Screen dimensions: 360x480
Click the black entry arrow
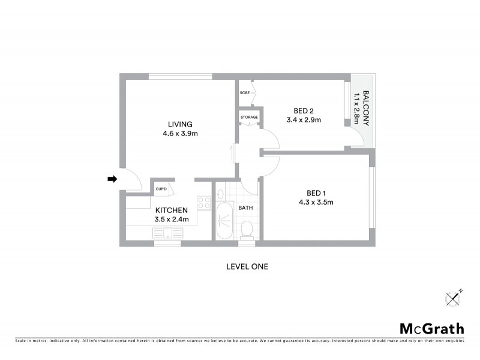tap(112, 179)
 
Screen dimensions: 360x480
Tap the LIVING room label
tap(180, 124)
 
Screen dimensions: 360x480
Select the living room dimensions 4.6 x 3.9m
tap(179, 134)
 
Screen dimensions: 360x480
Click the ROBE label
tap(245, 93)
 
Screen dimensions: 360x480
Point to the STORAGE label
tap(249, 117)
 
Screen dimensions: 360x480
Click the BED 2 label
tap(304, 110)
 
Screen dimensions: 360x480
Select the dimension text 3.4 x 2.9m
tap(304, 120)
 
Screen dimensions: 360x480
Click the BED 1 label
tap(316, 193)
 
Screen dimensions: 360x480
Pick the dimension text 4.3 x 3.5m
tap(316, 202)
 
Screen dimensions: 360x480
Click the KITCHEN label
tap(172, 210)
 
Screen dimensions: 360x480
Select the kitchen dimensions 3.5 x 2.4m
tap(172, 220)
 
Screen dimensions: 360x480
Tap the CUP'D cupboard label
tap(161, 190)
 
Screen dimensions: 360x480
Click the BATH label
tap(245, 208)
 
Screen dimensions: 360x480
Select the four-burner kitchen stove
tap(204, 203)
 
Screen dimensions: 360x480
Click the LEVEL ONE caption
tap(247, 266)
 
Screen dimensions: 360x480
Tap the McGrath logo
tap(431, 328)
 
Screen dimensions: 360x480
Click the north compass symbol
tap(454, 298)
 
